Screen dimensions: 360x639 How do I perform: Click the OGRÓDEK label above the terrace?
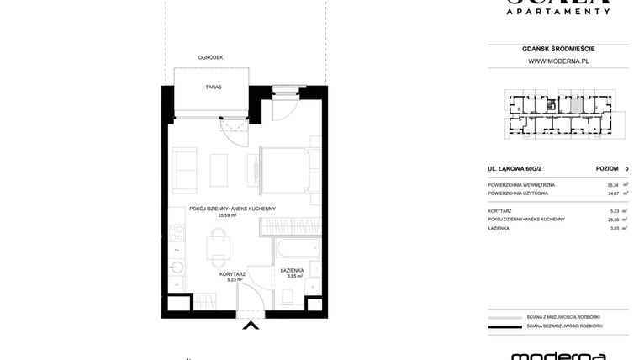coord(210,57)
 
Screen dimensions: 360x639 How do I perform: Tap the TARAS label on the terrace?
coord(213,87)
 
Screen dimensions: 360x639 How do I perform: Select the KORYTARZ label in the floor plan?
coord(231,273)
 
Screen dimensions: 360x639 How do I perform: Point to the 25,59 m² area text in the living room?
coord(227,215)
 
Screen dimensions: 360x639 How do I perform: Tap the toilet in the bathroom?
coord(288,294)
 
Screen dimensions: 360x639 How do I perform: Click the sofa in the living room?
coord(183,170)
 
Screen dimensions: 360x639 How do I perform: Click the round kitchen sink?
coord(177,268)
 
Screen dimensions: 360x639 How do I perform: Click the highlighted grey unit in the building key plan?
coord(573,106)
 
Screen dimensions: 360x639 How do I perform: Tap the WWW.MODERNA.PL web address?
coord(557,61)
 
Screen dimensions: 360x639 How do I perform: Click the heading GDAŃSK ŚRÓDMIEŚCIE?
coord(557,49)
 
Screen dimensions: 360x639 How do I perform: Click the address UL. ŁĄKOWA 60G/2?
coord(516,168)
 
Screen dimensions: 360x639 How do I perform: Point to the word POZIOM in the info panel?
coord(607,168)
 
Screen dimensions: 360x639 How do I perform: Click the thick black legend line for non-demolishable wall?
coord(504,326)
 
